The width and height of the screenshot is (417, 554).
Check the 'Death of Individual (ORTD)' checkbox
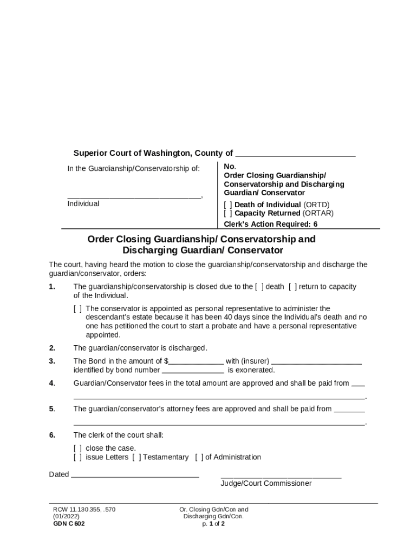[228, 205]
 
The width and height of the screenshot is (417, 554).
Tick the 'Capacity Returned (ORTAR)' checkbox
[228, 213]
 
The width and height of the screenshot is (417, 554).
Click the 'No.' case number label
[229, 167]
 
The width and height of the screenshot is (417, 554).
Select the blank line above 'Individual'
[134, 196]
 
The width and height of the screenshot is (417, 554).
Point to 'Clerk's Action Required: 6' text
[271, 224]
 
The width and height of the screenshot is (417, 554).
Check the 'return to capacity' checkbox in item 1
[292, 287]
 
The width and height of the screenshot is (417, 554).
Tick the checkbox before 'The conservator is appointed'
[78, 309]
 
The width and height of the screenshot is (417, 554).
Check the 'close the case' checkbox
[78, 449]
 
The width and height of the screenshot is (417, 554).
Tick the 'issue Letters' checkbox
[78, 458]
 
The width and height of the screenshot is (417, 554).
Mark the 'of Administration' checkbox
[199, 458]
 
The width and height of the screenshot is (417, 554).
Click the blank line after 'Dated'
[135, 476]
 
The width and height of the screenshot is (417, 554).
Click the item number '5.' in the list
[52, 409]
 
